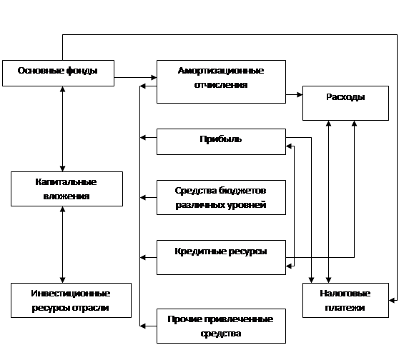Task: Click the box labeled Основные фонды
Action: [x=58, y=73]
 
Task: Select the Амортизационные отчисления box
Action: [x=221, y=81]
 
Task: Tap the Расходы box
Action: [x=345, y=103]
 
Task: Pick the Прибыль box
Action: [x=221, y=141]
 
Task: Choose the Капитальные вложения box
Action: [x=66, y=189]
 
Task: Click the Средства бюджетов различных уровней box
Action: [x=221, y=198]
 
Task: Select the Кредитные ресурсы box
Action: [x=221, y=257]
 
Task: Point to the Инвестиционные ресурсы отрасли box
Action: [x=71, y=301]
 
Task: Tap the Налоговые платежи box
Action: [x=345, y=301]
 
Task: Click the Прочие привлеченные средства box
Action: [x=221, y=326]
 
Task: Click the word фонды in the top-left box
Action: [x=82, y=71]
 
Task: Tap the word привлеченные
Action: [x=239, y=319]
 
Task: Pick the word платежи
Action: [x=345, y=308]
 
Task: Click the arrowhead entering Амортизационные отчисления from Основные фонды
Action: [x=154, y=77]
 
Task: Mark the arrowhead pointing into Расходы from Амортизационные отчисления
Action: [x=300, y=94]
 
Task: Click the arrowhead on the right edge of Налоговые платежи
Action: [x=392, y=300]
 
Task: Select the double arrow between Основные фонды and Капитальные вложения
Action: [x=63, y=129]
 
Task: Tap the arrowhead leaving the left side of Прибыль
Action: [x=142, y=137]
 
